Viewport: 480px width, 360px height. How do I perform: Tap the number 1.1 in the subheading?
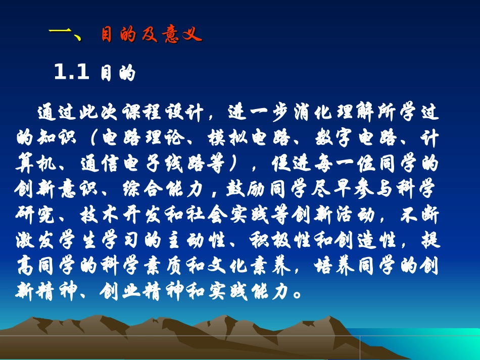(71, 73)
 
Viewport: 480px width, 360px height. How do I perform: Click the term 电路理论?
(142, 138)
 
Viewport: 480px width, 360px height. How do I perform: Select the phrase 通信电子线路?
(142, 164)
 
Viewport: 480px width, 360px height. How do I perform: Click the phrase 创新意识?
(57, 189)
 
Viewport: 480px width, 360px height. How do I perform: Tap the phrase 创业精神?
(142, 292)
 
